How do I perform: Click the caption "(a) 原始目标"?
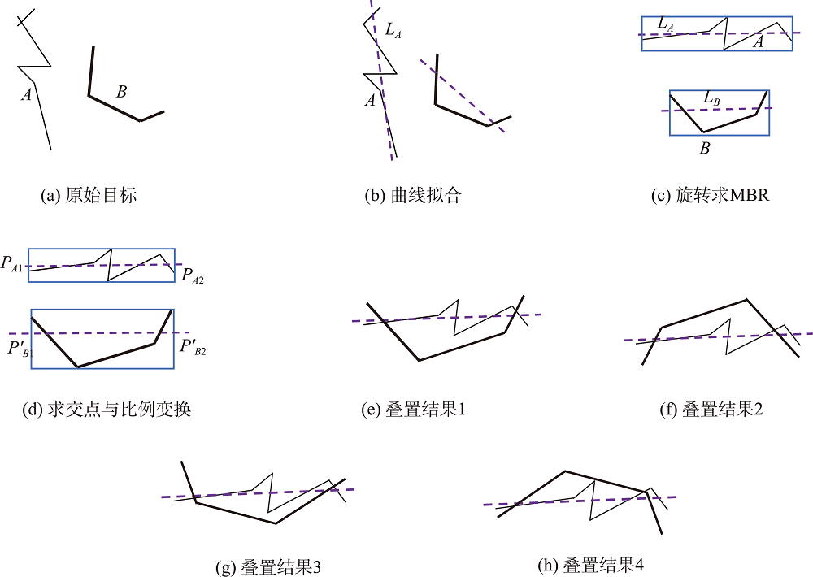pyautogui.click(x=89, y=195)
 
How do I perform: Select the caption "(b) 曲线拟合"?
pyautogui.click(x=413, y=195)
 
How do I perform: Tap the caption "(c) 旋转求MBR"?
pyautogui.click(x=711, y=195)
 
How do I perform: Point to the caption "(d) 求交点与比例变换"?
pyautogui.click(x=107, y=410)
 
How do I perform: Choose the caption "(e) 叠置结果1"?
pyautogui.click(x=413, y=410)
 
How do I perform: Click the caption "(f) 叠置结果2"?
pyautogui.click(x=711, y=410)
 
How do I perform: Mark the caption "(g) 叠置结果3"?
pyautogui.click(x=268, y=567)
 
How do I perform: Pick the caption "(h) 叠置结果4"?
pyautogui.click(x=590, y=565)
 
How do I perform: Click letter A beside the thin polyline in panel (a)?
pyautogui.click(x=26, y=94)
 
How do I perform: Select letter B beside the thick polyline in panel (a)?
pyautogui.click(x=121, y=92)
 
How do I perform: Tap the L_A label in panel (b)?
pyautogui.click(x=393, y=30)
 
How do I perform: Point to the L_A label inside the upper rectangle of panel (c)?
pyautogui.click(x=665, y=24)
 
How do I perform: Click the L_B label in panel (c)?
pyautogui.click(x=711, y=98)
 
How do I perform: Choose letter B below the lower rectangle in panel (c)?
pyautogui.click(x=705, y=148)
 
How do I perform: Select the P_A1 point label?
pyautogui.click(x=11, y=263)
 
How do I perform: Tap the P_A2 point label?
pyautogui.click(x=193, y=275)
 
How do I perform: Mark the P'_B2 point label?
pyautogui.click(x=193, y=346)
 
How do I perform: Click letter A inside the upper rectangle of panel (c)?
pyautogui.click(x=758, y=41)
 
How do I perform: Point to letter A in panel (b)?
pyautogui.click(x=370, y=100)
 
